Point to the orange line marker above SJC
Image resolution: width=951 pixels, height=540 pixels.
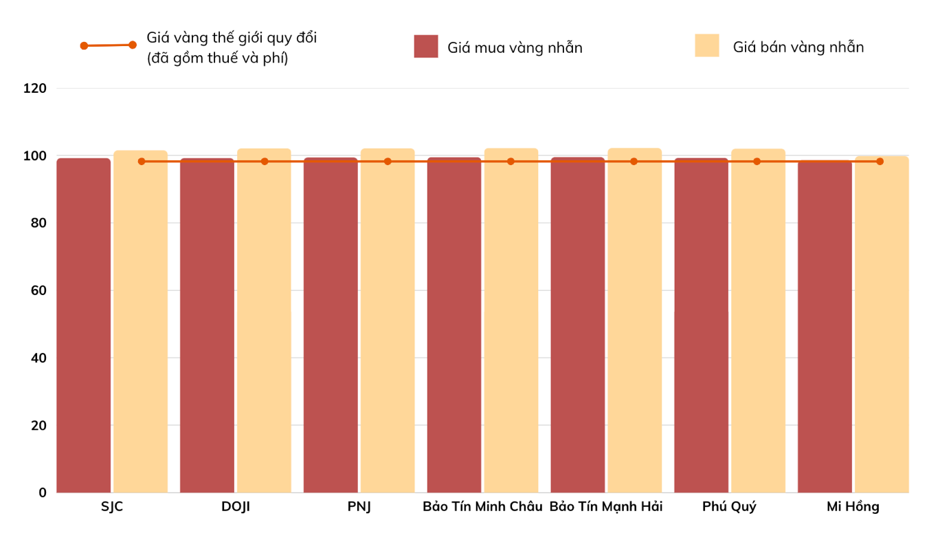pos(142,162)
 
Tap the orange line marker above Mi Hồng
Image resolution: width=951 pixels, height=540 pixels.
pos(880,162)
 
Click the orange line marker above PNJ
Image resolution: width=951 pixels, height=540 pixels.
pos(388,162)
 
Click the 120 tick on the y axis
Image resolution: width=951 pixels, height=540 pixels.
pos(34,89)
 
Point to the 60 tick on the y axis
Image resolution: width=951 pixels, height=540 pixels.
pos(38,291)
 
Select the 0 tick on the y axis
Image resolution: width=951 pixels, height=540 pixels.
pos(43,493)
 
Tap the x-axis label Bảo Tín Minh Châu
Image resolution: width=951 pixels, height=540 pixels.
pos(482,507)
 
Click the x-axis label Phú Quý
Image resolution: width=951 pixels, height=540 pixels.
pos(729,507)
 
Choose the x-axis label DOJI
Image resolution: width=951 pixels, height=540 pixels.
pos(236,507)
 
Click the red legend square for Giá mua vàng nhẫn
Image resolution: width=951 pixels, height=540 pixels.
pos(426,46)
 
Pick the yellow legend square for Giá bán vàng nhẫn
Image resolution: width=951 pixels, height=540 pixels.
pos(707,45)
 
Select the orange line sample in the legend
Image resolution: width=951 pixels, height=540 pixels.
pos(108,45)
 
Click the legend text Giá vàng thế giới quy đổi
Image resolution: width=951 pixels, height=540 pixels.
pos(232,38)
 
